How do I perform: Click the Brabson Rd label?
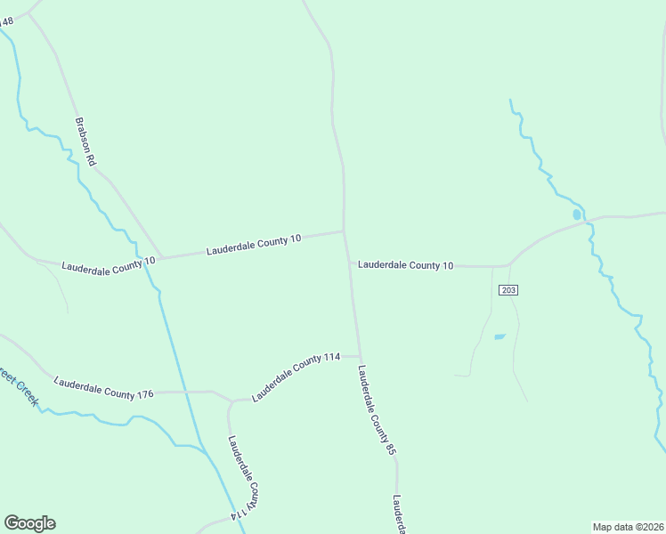[85, 142]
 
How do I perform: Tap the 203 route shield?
[508, 290]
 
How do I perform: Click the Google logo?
[29, 523]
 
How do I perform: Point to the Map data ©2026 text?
[628, 527]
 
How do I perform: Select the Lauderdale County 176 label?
[104, 388]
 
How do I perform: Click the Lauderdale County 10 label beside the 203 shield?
[406, 265]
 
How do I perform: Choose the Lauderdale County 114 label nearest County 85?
[296, 376]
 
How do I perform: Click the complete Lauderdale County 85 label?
[377, 410]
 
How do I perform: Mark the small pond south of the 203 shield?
[499, 336]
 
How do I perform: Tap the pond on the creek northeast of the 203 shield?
[577, 214]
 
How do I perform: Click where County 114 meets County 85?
[360, 355]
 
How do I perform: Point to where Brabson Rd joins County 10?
[162, 257]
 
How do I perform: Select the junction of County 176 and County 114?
[231, 400]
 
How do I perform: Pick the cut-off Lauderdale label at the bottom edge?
[399, 514]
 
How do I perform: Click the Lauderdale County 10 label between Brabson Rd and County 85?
[254, 244]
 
